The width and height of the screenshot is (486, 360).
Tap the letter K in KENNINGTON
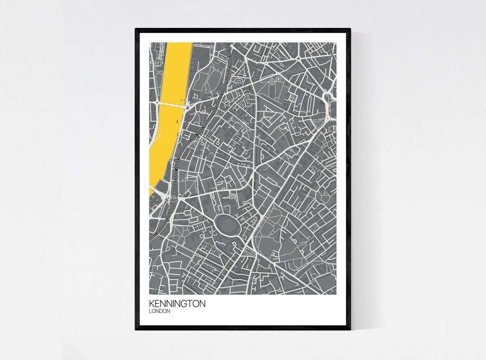coord(152,304)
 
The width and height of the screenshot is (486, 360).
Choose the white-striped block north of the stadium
coord(232,196)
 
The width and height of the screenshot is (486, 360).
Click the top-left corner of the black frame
coord(136,29)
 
